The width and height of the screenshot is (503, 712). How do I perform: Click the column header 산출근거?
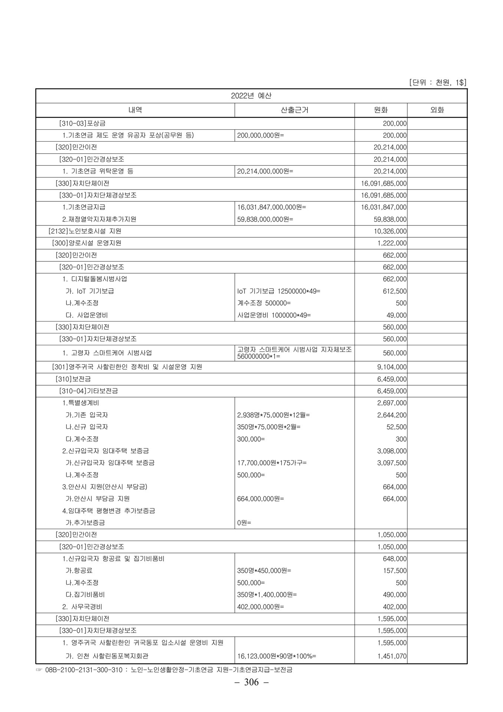coord(295,110)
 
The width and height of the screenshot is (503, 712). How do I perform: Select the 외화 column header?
coord(437,110)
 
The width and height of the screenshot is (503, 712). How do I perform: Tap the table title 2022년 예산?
coord(251,96)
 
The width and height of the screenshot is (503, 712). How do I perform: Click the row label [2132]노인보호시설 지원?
coord(85,231)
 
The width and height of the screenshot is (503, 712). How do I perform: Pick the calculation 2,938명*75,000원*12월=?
coord(273,415)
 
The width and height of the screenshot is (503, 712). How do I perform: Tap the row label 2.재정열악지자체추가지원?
coord(99,219)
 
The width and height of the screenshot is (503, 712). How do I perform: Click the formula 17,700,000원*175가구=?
coord(272,463)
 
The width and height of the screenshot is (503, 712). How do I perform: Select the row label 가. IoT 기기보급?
coord(89,291)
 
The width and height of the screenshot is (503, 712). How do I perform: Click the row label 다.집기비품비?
coord(85,594)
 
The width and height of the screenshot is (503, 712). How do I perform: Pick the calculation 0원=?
coord(244,523)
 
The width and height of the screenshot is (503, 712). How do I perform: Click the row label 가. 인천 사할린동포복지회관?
coord(106,656)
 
